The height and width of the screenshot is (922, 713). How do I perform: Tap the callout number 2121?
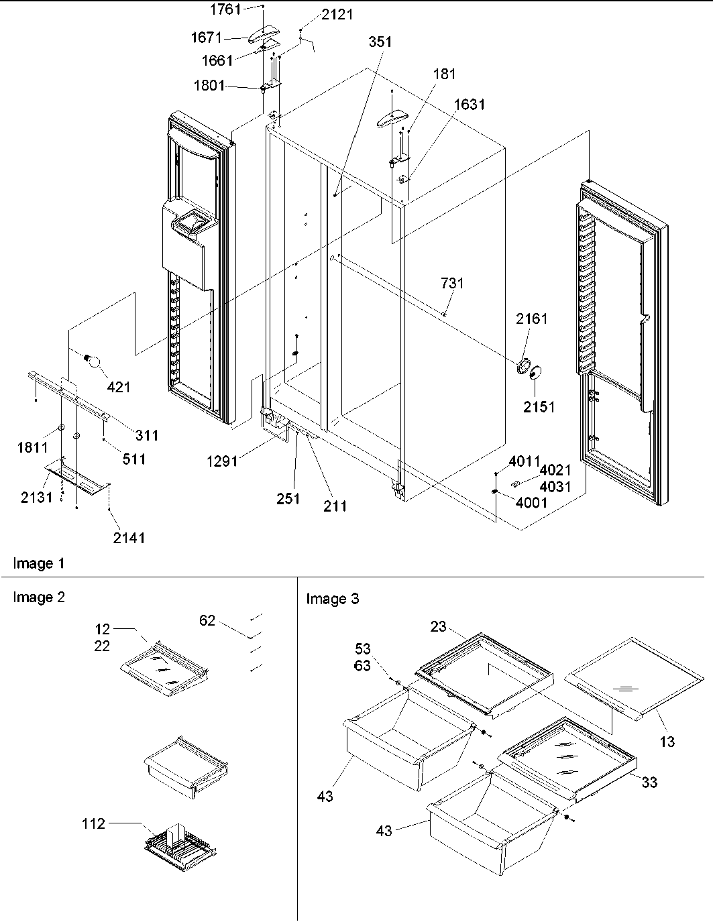(x=337, y=15)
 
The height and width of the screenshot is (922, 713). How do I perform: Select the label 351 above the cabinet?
(x=380, y=42)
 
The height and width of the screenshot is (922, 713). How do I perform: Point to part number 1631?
(x=469, y=105)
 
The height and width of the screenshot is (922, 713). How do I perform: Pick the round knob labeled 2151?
(x=536, y=373)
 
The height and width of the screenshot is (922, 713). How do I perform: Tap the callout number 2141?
(x=129, y=537)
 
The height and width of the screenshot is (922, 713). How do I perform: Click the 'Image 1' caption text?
(x=39, y=563)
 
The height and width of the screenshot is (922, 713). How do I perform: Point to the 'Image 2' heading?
(x=39, y=597)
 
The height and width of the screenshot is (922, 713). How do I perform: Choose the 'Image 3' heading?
(x=332, y=599)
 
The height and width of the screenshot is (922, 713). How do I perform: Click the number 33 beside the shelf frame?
(x=649, y=782)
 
